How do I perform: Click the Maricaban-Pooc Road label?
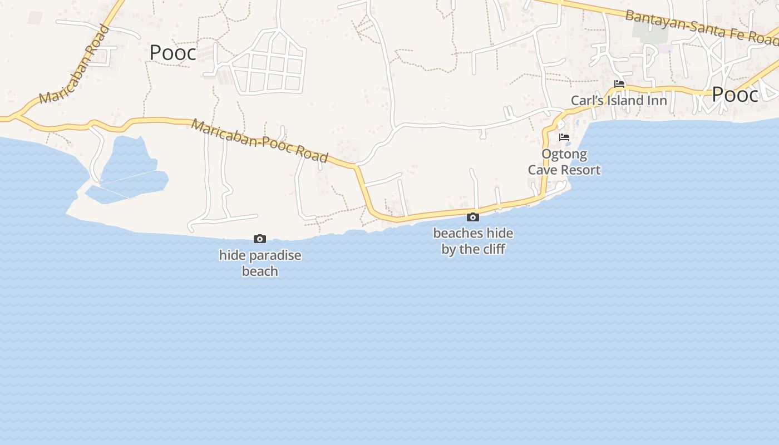click(259, 140)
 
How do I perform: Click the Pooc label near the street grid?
click(172, 53)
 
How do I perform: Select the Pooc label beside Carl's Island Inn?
click(734, 95)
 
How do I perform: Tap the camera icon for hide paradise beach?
click(260, 239)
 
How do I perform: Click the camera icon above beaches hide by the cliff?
click(473, 217)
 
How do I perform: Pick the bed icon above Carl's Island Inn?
click(619, 85)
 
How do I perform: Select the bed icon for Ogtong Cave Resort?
click(564, 137)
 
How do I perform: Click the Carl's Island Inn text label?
click(619, 101)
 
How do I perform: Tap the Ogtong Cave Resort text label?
click(564, 162)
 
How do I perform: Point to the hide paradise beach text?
click(260, 263)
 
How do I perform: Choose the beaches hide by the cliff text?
click(473, 241)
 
